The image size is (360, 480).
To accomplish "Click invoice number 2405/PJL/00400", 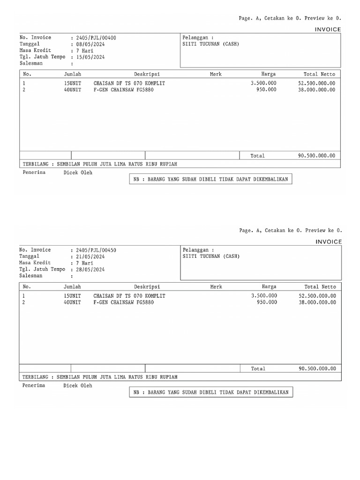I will pyautogui.click(x=96, y=37).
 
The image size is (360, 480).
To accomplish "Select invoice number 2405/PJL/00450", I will pyautogui.click(x=96, y=250).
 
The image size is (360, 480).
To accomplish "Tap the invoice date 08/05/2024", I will pyautogui.click(x=90, y=44).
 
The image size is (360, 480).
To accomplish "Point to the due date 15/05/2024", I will pyautogui.click(x=90, y=57).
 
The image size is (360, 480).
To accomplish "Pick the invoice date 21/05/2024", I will pyautogui.click(x=90, y=257).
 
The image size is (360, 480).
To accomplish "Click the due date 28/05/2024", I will pyautogui.click(x=90, y=270).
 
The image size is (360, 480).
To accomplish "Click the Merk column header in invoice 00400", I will pyautogui.click(x=216, y=74).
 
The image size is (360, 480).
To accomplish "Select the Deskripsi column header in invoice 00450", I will pyautogui.click(x=147, y=287).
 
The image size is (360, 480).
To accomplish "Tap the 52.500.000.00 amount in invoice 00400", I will pyautogui.click(x=316, y=83).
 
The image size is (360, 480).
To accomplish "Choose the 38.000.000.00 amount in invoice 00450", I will pyautogui.click(x=317, y=302).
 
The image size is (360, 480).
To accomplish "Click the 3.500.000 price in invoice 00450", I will pyautogui.click(x=264, y=296).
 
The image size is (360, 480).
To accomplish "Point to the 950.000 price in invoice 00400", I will pyautogui.click(x=266, y=90).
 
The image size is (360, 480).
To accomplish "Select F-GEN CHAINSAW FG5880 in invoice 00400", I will pyautogui.click(x=123, y=90).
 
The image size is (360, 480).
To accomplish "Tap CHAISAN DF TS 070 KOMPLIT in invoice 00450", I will pyautogui.click(x=129, y=296).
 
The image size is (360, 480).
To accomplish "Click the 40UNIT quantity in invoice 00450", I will pyautogui.click(x=72, y=302).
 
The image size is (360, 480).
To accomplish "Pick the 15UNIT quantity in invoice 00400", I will pyautogui.click(x=72, y=83).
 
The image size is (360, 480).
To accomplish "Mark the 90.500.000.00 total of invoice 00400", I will pyautogui.click(x=316, y=156).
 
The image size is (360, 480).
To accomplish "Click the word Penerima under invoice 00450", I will pyautogui.click(x=34, y=385).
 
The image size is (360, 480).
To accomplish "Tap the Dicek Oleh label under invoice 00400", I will pyautogui.click(x=78, y=172).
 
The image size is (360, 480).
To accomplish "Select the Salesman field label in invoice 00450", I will pyautogui.click(x=31, y=276).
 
